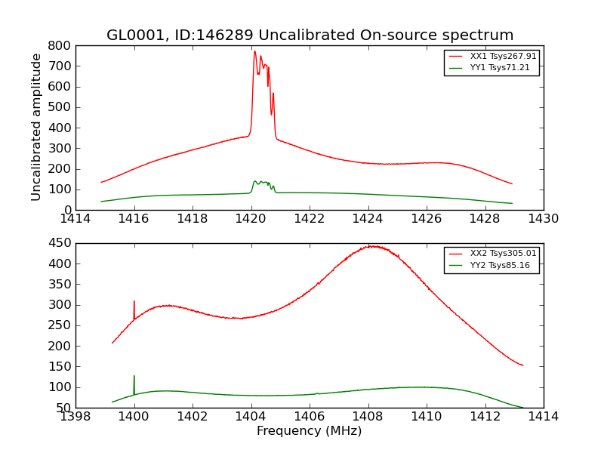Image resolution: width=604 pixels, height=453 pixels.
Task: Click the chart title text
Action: click(x=310, y=35)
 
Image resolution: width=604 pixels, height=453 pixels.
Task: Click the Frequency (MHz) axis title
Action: click(x=309, y=431)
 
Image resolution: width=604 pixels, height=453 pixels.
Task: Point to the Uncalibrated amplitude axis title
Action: click(x=36, y=128)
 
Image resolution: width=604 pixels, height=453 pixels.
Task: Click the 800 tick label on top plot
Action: click(x=61, y=45)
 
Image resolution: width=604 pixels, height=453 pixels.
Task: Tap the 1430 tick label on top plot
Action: click(x=543, y=219)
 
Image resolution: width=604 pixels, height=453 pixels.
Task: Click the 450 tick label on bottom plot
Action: click(x=61, y=243)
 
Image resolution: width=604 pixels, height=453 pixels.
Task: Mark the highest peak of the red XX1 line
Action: click(x=254, y=51)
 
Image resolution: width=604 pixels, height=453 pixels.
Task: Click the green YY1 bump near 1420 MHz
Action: click(x=256, y=181)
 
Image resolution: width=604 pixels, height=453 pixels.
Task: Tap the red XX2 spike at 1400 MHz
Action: click(x=134, y=301)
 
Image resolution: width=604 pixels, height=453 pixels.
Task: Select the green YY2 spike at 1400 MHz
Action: click(x=134, y=376)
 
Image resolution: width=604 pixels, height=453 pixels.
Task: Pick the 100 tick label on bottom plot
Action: click(x=61, y=387)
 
